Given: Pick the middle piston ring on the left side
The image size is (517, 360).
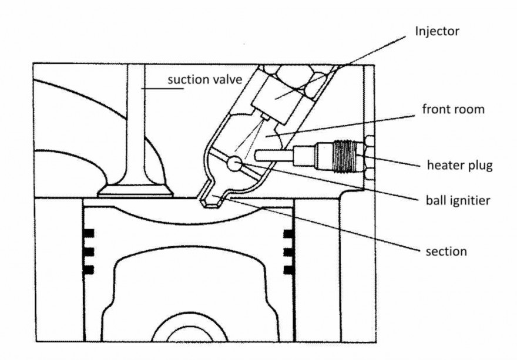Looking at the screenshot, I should point(89,252).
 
